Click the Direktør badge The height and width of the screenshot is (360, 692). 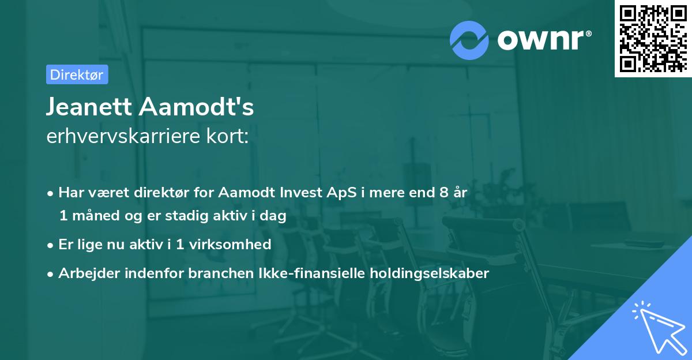[x=76, y=74]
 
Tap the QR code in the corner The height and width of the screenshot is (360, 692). [x=652, y=38]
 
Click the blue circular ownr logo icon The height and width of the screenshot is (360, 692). [x=469, y=40]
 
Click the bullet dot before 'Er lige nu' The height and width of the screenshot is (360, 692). [x=51, y=245]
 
